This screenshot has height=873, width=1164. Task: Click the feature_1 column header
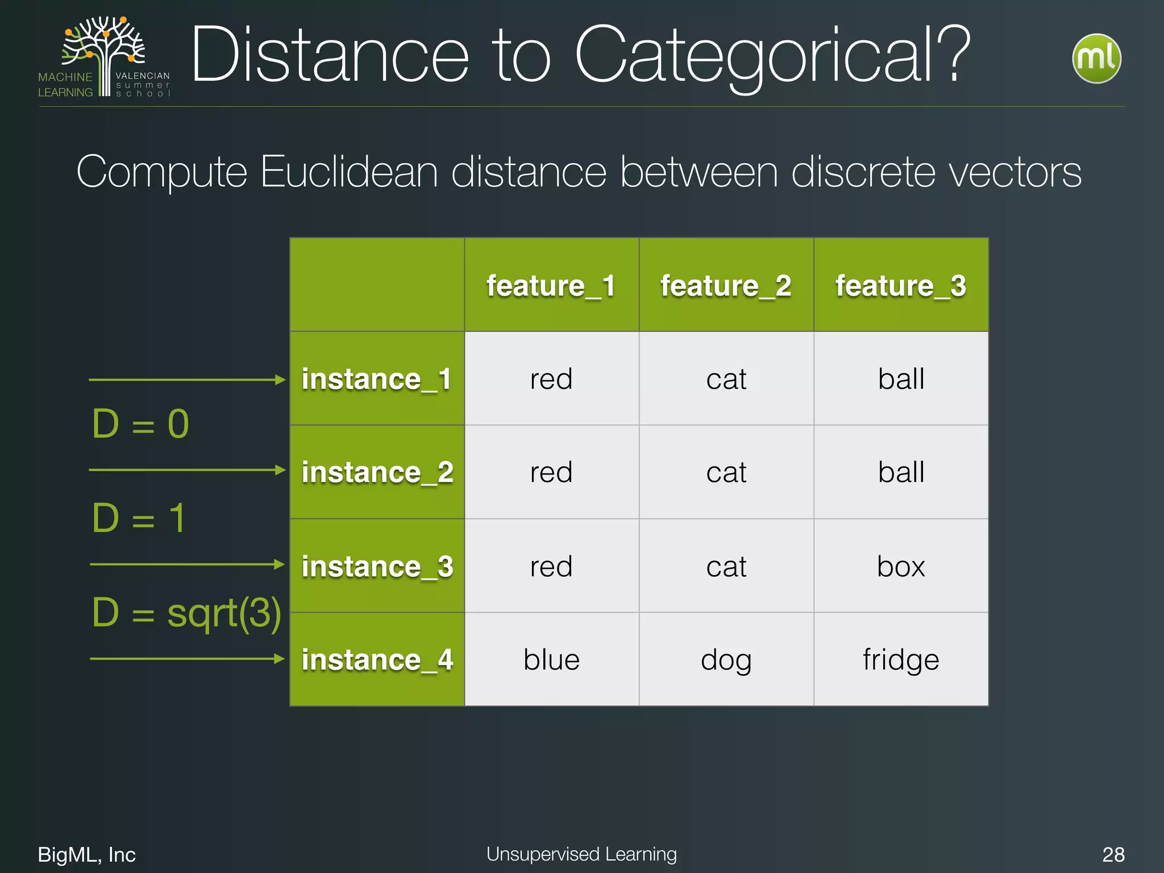point(551,285)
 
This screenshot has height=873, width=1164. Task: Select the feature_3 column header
point(900,285)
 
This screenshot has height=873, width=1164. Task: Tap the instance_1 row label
point(377,379)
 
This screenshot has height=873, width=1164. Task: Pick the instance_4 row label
point(377,660)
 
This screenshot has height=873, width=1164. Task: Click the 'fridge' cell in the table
point(900,660)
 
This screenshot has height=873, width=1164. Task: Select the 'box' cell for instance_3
point(900,566)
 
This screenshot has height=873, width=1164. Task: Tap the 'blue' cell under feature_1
point(551,660)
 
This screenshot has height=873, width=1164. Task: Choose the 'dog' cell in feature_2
point(726,660)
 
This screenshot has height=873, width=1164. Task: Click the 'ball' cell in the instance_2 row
point(900,472)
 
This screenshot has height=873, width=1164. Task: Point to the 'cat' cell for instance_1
point(726,379)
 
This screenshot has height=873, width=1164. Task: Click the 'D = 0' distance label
point(140,424)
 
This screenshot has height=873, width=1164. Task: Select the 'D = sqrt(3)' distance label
point(186,614)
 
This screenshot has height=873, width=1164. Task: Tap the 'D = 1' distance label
point(139,518)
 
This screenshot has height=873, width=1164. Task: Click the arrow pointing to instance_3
point(188,564)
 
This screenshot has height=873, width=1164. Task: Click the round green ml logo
point(1096,59)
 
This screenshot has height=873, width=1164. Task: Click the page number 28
point(1113,854)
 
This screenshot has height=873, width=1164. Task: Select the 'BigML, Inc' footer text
point(86,854)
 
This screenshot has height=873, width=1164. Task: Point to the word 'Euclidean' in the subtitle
point(349,172)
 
